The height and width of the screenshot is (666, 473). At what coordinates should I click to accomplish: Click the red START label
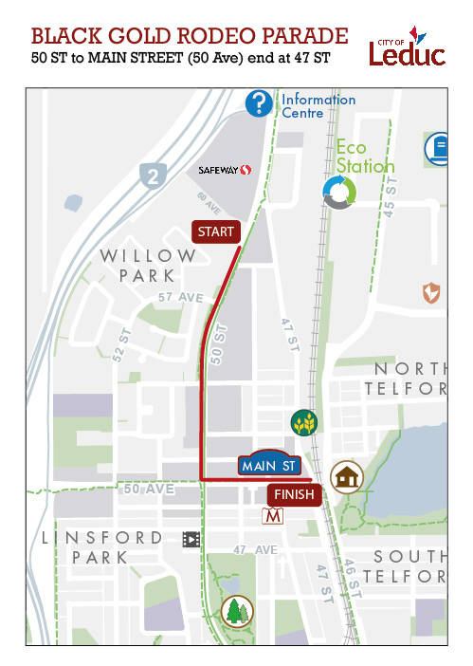(216, 231)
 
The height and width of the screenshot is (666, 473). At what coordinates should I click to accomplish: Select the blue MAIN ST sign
(270, 465)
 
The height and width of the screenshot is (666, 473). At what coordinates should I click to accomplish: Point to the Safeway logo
(225, 170)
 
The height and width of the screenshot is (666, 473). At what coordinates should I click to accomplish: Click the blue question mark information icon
(259, 103)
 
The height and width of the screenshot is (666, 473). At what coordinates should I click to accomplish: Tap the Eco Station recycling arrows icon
(338, 192)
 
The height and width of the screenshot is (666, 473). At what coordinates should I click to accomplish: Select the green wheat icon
(304, 420)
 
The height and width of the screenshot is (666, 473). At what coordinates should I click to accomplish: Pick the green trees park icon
(234, 612)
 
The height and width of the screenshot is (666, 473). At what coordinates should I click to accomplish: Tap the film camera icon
(191, 539)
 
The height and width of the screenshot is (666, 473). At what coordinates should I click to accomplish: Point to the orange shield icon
(432, 293)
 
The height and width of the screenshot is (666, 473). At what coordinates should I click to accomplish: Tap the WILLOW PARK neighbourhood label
(148, 266)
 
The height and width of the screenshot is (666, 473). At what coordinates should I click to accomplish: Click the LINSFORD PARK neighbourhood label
(101, 547)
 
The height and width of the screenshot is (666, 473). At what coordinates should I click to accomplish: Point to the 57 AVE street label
(181, 297)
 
